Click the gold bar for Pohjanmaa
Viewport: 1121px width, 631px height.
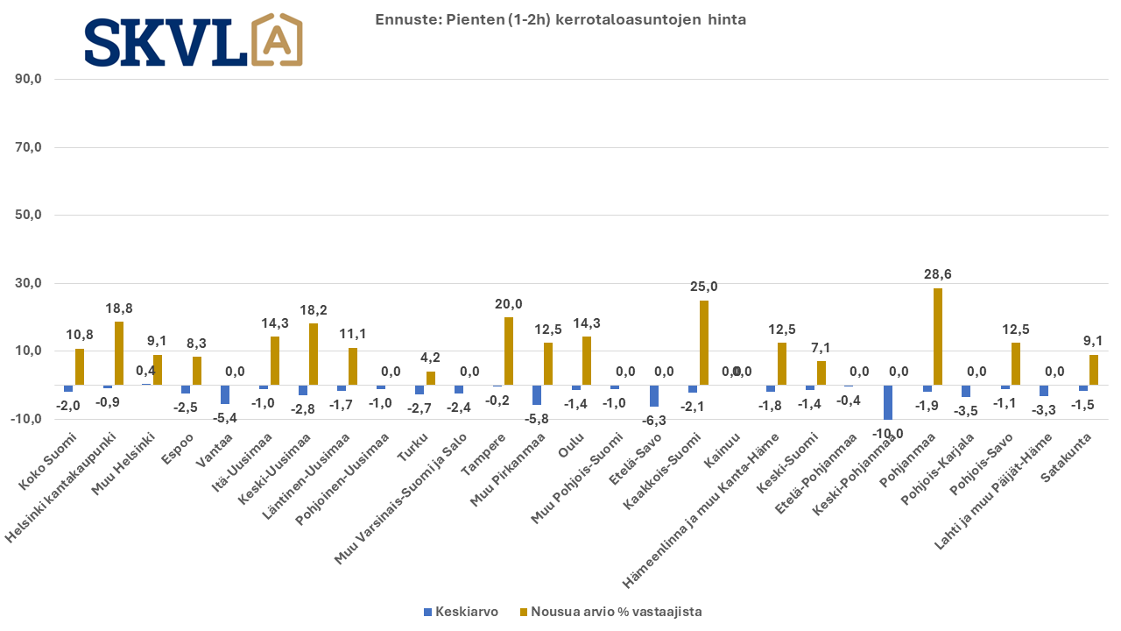pyautogui.click(x=938, y=337)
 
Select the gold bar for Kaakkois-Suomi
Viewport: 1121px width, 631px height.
pyautogui.click(x=703, y=343)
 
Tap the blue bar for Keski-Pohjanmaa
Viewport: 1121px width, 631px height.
pyautogui.click(x=888, y=402)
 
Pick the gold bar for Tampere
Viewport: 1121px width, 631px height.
pyautogui.click(x=509, y=351)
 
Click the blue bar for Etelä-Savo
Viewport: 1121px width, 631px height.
pyautogui.click(x=653, y=395)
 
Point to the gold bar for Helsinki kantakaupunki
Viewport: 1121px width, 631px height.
pyautogui.click(x=118, y=353)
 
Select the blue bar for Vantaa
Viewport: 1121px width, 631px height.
pyautogui.click(x=225, y=394)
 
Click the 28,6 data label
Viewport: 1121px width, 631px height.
pyautogui.click(x=938, y=274)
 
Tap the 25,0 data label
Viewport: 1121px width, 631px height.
pyautogui.click(x=703, y=287)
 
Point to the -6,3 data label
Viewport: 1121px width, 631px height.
pyautogui.click(x=653, y=421)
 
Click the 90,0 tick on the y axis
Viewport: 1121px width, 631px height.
pyautogui.click(x=29, y=79)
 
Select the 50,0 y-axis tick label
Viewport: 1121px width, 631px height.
pyautogui.click(x=29, y=215)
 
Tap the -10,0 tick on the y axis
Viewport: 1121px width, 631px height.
pyautogui.click(x=26, y=419)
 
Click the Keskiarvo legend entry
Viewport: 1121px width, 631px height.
pyautogui.click(x=461, y=612)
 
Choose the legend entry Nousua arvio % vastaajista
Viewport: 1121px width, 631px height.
pyautogui.click(x=611, y=612)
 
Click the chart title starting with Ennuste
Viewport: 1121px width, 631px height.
pyautogui.click(x=560, y=19)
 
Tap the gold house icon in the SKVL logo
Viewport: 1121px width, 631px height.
pyautogui.click(x=277, y=39)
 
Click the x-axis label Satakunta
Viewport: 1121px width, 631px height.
pyautogui.click(x=1066, y=457)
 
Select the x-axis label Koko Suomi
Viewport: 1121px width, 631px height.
pyautogui.click(x=48, y=461)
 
